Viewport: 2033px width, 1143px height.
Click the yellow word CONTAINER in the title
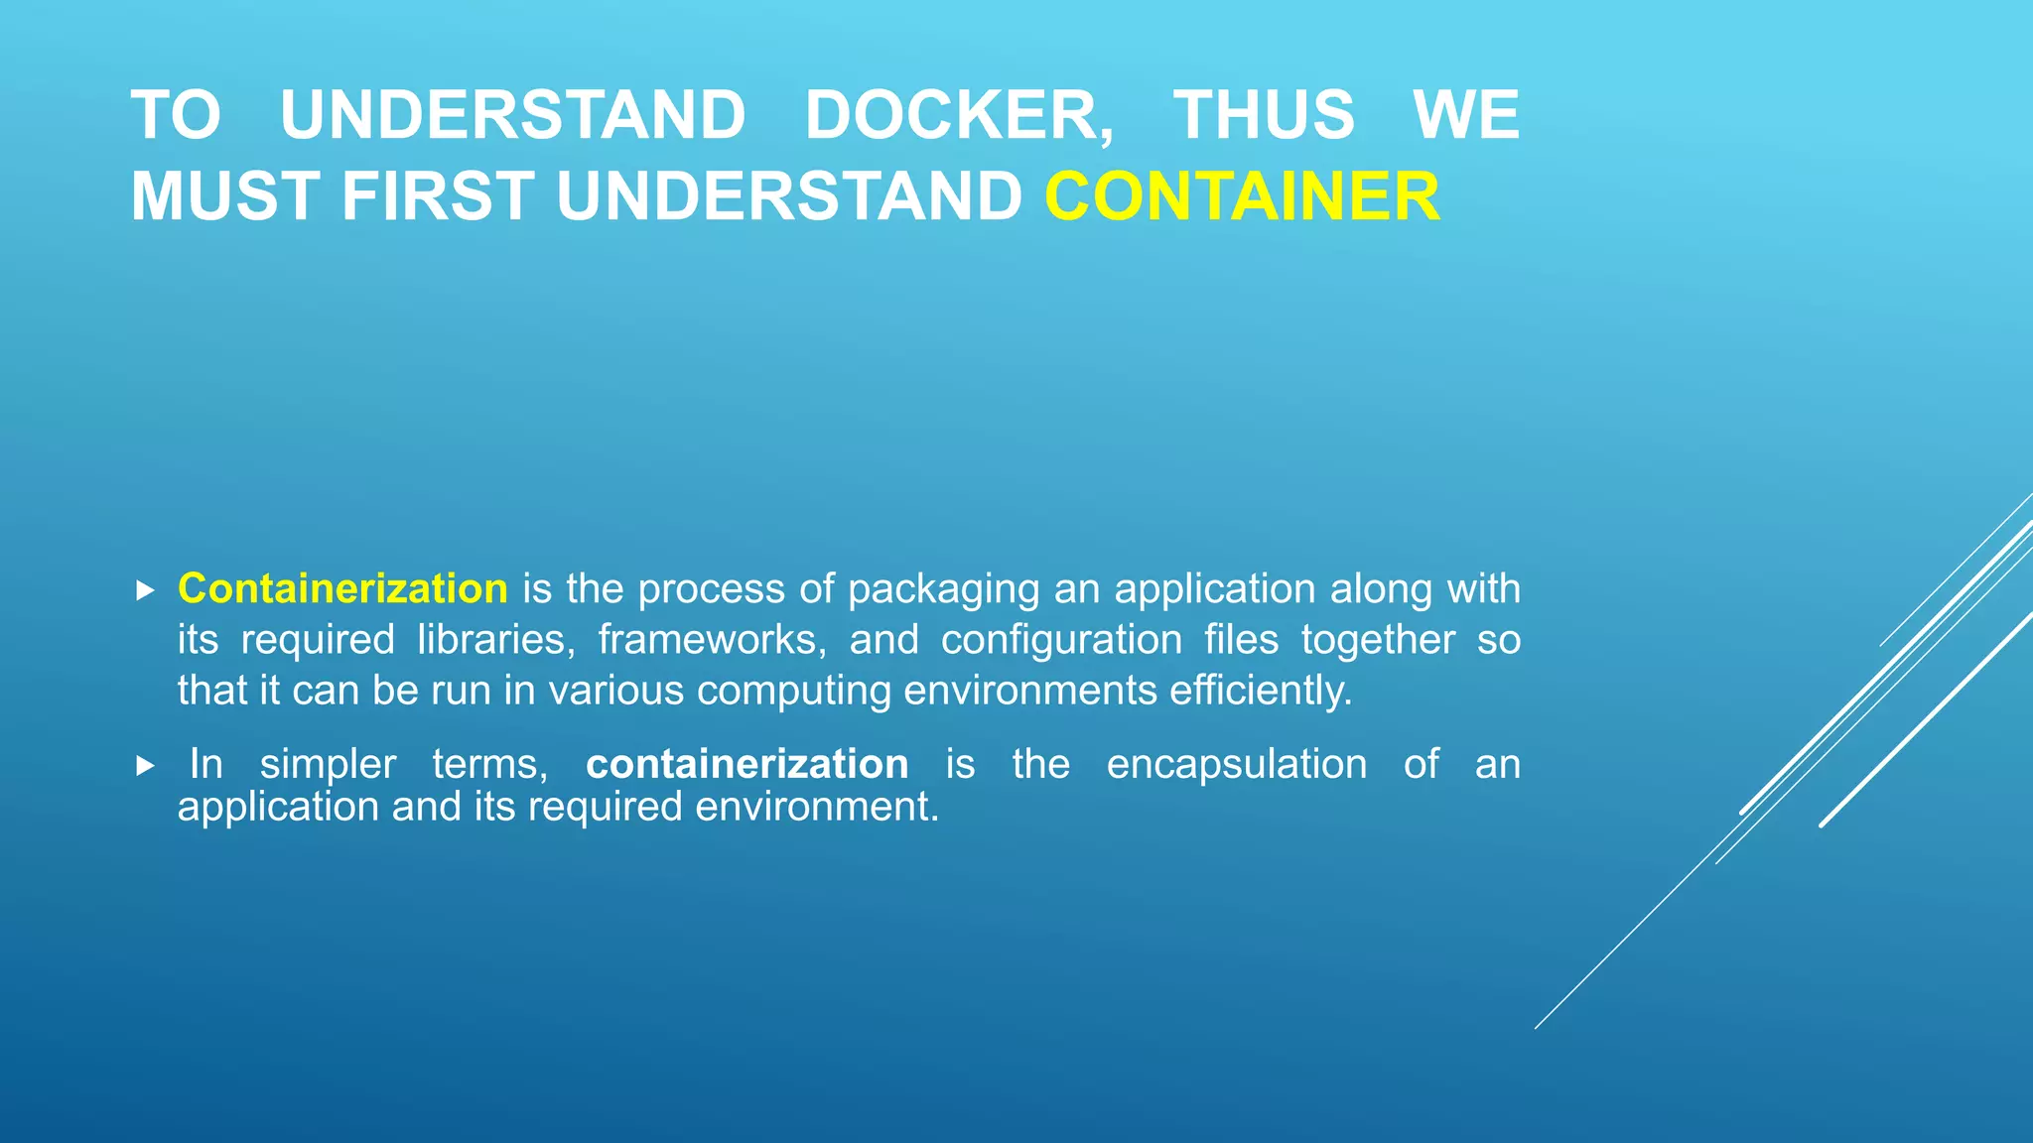pos(1242,196)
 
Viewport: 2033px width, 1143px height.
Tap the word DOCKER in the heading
pos(959,115)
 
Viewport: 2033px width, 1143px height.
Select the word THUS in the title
pos(1264,115)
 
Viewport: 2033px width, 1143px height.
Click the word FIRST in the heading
pos(438,196)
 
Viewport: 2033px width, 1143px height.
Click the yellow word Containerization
pos(342,588)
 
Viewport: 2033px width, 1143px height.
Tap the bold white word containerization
pos(746,764)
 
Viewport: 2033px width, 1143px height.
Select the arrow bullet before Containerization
pos(145,591)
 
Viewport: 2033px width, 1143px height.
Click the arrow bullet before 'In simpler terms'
pos(145,766)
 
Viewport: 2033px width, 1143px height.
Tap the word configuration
pos(1061,640)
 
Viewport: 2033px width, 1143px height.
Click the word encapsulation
pos(1236,764)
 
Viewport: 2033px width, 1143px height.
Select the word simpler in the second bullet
pos(328,764)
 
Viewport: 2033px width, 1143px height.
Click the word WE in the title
pos(1466,115)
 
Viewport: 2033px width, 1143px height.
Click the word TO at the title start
pos(176,115)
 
